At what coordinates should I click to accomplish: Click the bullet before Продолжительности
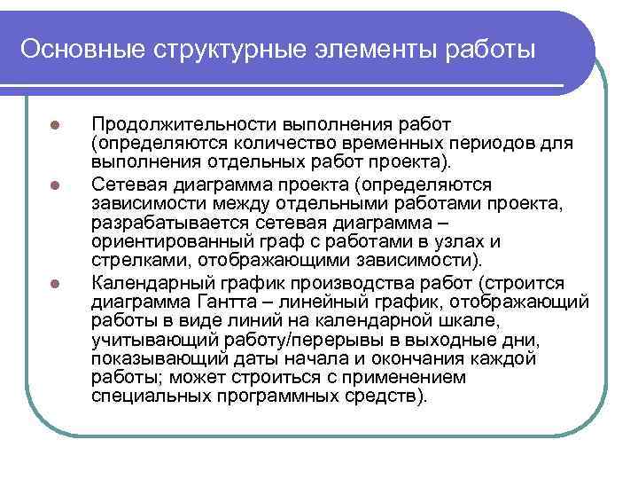54,123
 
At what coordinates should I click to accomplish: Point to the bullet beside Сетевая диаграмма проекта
54,185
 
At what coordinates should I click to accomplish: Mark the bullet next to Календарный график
54,284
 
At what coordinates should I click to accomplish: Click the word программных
291,397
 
